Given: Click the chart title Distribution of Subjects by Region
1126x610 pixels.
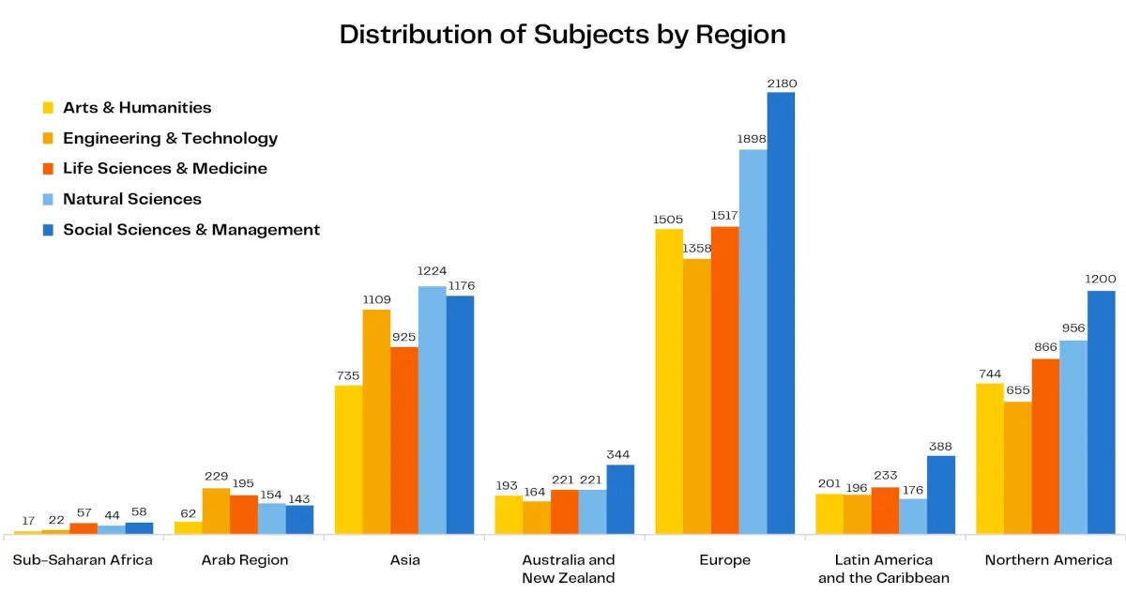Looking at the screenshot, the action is (x=562, y=35).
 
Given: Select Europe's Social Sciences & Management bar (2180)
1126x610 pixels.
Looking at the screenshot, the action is (x=781, y=313).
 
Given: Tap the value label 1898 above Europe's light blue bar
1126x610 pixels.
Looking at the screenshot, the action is (x=752, y=139).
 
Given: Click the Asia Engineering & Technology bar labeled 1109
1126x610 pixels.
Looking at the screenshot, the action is (x=376, y=421).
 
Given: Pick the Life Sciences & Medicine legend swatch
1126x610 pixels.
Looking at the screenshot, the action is (x=48, y=169).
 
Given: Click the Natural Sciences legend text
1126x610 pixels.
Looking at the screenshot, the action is (x=132, y=199).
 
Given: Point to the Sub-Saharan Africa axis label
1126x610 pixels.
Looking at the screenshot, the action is (x=83, y=559).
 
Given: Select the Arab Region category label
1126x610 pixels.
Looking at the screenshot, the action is (x=245, y=560).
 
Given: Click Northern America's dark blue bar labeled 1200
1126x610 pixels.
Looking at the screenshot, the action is (x=1102, y=412).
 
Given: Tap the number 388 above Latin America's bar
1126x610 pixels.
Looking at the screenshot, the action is (x=940, y=447).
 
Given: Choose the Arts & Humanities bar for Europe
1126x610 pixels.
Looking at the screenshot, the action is (x=669, y=381).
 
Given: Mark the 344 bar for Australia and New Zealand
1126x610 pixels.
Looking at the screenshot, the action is (x=620, y=499).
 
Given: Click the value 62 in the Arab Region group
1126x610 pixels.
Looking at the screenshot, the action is (x=188, y=513).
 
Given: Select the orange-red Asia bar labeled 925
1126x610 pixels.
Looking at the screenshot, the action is (x=404, y=440).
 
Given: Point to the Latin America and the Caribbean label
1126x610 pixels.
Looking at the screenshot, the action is (x=884, y=569).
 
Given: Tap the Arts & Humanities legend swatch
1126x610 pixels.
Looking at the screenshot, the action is (x=48, y=108).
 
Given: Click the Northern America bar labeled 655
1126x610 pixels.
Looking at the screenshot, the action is (x=1018, y=467).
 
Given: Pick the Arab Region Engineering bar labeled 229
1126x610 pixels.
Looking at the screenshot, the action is (x=216, y=511).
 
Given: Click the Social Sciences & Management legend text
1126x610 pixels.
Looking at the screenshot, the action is (x=191, y=230).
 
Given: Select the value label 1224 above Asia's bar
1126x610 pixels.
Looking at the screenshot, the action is (x=432, y=271).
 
